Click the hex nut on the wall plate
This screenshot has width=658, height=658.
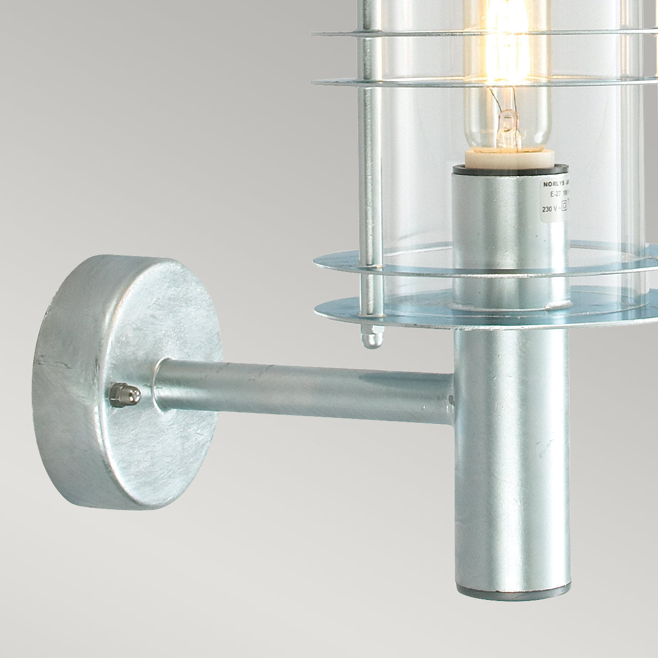123,395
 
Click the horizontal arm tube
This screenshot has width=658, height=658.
302,390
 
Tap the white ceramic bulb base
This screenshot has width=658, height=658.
508,158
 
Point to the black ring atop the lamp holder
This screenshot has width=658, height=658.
510,171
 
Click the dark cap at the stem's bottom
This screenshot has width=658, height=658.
512,591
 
